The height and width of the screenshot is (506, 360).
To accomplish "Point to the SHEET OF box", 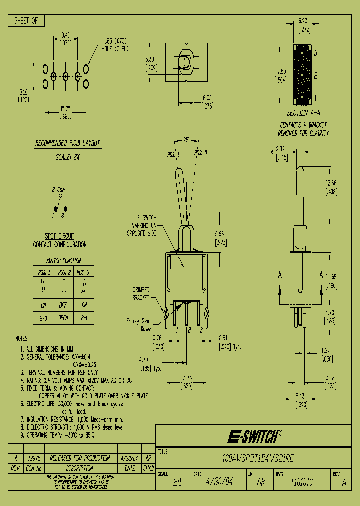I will tap(26, 21).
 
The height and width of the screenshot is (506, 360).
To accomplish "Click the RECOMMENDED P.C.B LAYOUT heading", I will tap(67, 143).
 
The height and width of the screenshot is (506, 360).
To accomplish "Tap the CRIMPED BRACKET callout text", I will tap(144, 293).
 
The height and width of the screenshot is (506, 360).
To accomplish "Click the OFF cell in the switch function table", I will tap(63, 305).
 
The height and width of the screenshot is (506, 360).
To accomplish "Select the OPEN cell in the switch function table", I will tap(63, 318).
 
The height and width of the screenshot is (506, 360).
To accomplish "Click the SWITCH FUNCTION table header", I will tap(63, 261).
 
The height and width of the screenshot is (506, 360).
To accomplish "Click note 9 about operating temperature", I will tap(58, 435).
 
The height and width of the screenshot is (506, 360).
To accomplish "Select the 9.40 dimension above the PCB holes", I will tap(65, 35).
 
